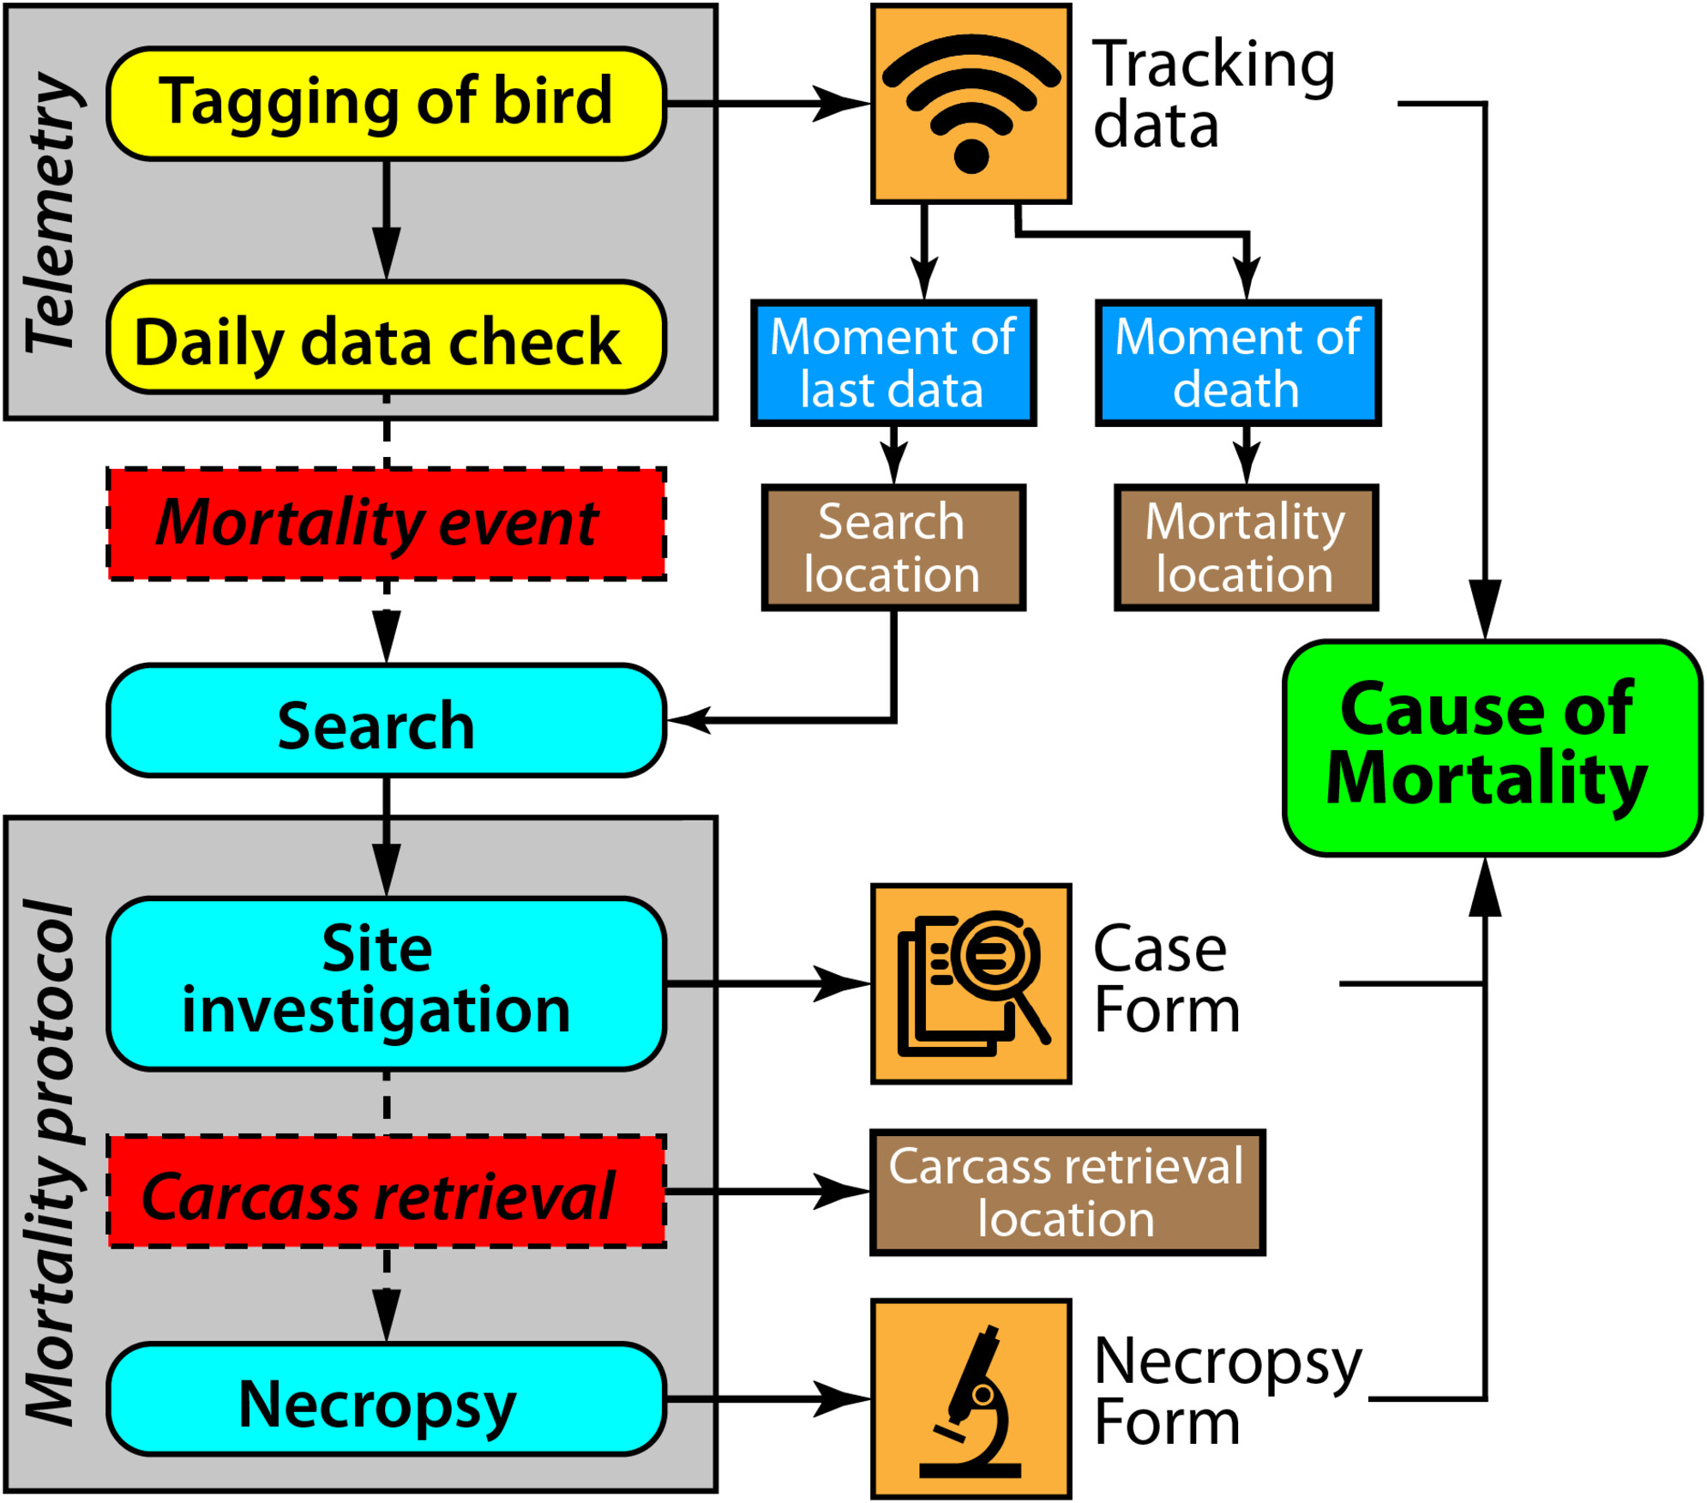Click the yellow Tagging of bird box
click(x=386, y=103)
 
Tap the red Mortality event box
click(x=386, y=523)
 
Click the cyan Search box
click(x=386, y=720)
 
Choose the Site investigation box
click(x=386, y=983)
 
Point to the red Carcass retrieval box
click(x=386, y=1192)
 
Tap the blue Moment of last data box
click(x=893, y=363)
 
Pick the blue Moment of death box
click(x=1237, y=363)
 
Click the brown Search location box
click(x=893, y=548)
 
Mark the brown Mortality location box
click(x=1246, y=548)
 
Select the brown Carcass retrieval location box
click(x=1067, y=1192)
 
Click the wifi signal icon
click(x=971, y=104)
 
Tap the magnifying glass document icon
click(x=971, y=983)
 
